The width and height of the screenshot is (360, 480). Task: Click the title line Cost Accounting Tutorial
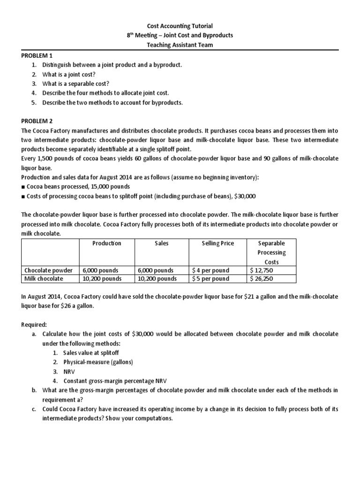pos(180,26)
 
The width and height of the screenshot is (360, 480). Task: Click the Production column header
pos(107,243)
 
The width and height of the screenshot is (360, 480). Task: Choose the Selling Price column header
pos(217,243)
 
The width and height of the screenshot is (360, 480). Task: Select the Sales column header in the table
pos(162,243)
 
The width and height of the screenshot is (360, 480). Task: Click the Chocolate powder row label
pos(48,270)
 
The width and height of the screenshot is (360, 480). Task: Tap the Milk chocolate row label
pos(44,279)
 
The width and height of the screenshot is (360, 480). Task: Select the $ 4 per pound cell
pos(210,270)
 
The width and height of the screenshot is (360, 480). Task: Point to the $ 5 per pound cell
pos(210,279)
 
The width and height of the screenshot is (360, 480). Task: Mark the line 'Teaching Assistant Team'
pos(180,45)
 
